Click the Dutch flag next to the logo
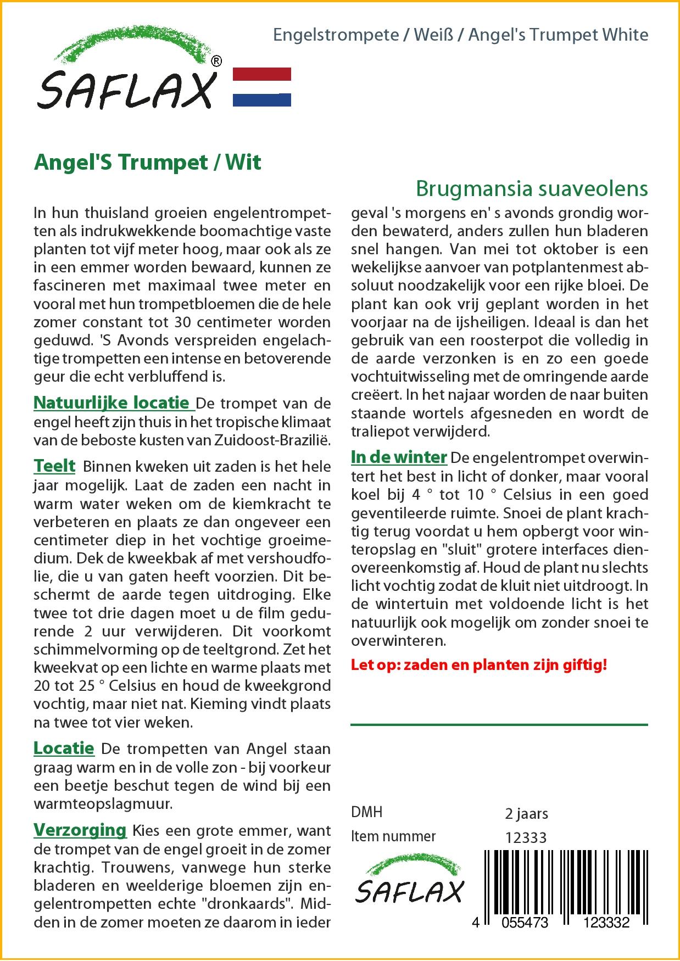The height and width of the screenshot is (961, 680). tap(261, 87)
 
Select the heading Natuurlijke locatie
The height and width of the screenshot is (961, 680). tap(113, 403)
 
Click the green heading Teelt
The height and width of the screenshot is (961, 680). tap(54, 466)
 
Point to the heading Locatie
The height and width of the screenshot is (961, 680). tap(64, 748)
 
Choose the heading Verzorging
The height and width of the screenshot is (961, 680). tap(80, 830)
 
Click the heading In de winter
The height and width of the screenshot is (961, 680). tap(399, 457)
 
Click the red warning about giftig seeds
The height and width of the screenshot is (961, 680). tap(478, 665)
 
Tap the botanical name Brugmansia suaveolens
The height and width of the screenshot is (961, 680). tap(531, 188)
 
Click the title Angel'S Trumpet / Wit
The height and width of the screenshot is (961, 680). tap(147, 163)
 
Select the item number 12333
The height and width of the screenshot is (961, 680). tap(525, 837)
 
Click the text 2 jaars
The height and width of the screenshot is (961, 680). tap(526, 813)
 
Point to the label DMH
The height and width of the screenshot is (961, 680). tap(366, 812)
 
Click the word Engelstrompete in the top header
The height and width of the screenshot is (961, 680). tap(336, 35)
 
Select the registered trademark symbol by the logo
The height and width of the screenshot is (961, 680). tap(216, 62)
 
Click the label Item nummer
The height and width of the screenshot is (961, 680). tap(393, 836)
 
